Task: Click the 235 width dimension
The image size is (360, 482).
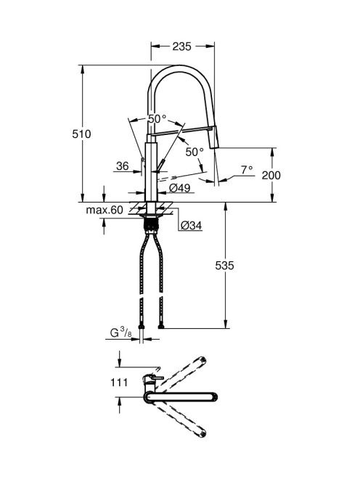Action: click(x=181, y=46)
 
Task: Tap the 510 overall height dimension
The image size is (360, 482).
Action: click(x=81, y=134)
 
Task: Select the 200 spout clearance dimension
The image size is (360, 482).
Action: click(x=271, y=175)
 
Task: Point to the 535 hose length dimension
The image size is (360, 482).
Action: click(x=224, y=265)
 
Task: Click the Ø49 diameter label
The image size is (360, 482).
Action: click(x=180, y=187)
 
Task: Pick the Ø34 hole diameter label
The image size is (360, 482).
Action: click(x=191, y=226)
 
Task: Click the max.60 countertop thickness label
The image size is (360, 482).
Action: click(x=105, y=210)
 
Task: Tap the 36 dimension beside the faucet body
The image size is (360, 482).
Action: click(x=123, y=166)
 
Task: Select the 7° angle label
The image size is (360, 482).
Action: click(x=247, y=169)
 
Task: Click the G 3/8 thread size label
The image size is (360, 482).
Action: click(x=120, y=332)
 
